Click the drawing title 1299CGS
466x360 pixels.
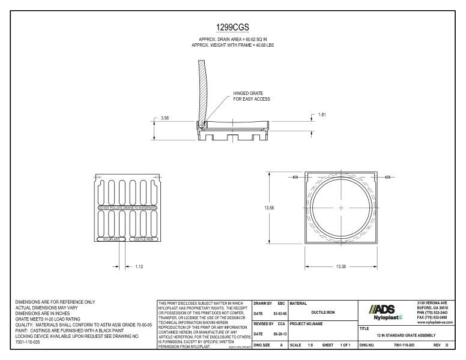click(232, 28)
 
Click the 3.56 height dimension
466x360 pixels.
click(165, 118)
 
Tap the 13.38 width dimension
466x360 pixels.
click(341, 266)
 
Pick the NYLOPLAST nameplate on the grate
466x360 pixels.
click(110, 239)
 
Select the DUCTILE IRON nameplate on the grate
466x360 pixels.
click(143, 239)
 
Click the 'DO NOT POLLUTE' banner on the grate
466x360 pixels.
click(126, 208)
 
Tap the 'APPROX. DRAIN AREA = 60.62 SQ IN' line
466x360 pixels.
click(232, 39)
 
